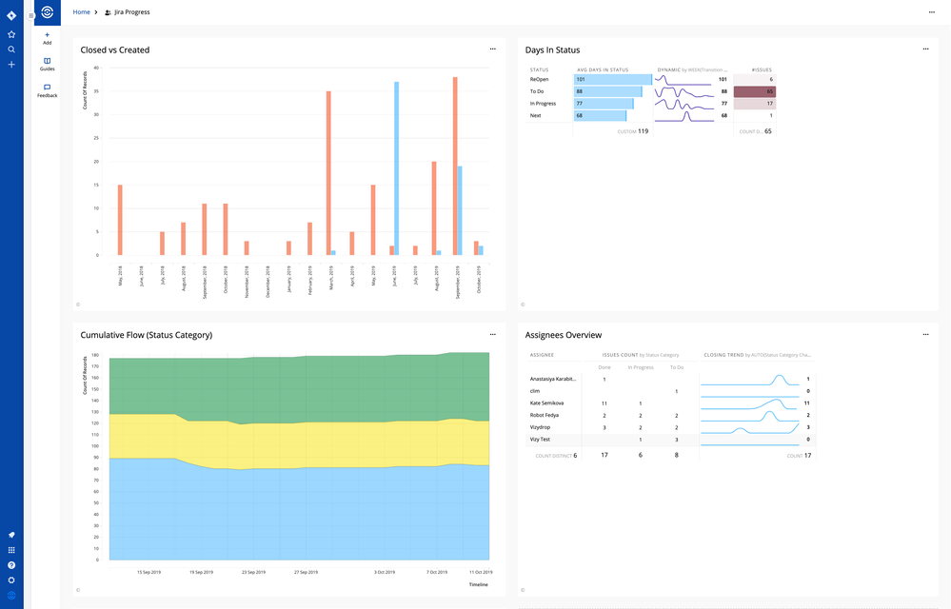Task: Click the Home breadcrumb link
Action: [82, 12]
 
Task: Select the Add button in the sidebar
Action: [47, 38]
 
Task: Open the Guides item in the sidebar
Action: [47, 64]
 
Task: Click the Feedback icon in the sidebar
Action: [47, 88]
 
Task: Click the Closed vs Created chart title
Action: [114, 49]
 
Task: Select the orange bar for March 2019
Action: [328, 172]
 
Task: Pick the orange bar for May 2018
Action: [120, 220]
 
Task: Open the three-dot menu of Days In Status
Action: [925, 49]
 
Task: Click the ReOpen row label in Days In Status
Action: [539, 80]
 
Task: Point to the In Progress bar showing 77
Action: [604, 104]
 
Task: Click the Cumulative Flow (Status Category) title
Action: [146, 335]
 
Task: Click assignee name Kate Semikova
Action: [546, 403]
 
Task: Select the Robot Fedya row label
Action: [545, 416]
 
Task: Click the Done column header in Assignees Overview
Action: [604, 366]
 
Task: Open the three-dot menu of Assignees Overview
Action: [925, 335]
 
